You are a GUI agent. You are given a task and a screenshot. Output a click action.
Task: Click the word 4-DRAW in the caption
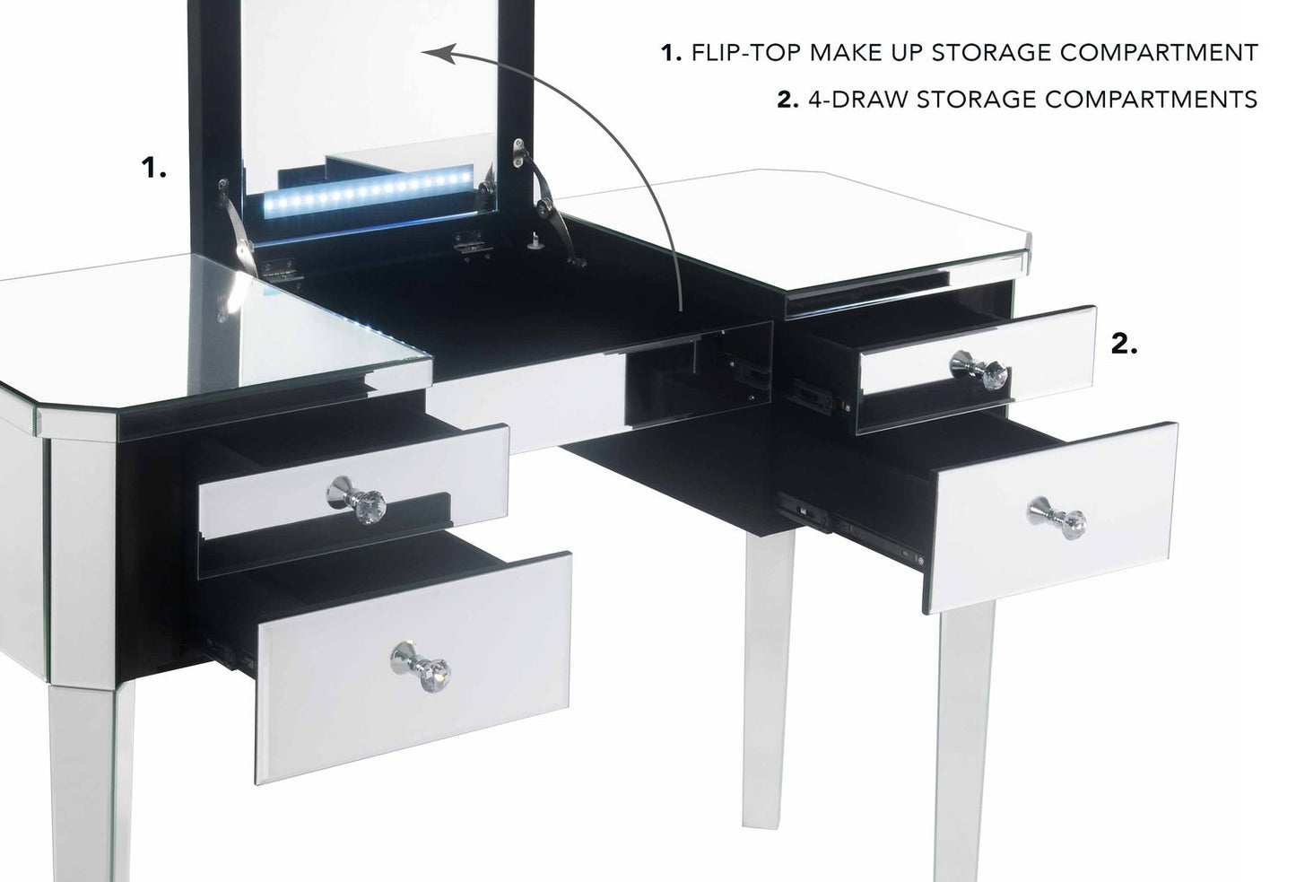pyautogui.click(x=859, y=99)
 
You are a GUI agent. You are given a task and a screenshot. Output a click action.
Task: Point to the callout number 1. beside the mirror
pyautogui.click(x=155, y=168)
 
